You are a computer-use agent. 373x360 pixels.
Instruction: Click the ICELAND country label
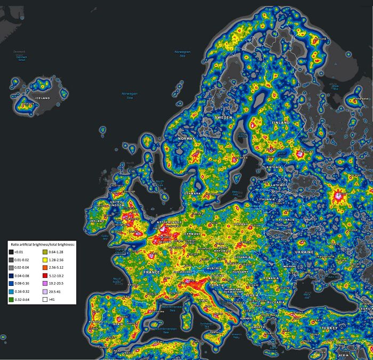pos(42,99)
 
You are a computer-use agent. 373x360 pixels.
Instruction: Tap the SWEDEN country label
pos(223,117)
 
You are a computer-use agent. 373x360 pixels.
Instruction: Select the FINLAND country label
pos(280,123)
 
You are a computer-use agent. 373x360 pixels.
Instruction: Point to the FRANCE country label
pos(152,273)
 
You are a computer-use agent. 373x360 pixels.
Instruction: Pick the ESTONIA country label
pos(274,167)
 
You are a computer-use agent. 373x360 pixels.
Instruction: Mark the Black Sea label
pos(307,294)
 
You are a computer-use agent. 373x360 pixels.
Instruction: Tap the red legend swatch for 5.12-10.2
pos(44,275)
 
